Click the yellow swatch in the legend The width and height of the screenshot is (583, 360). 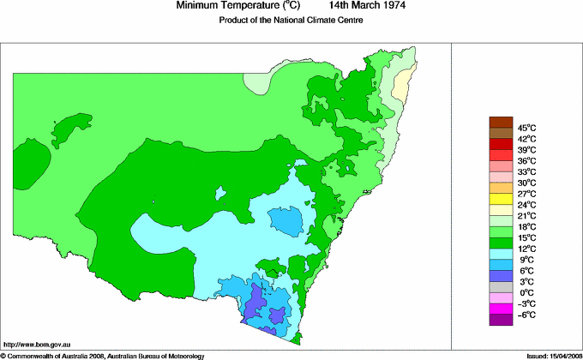click(500, 199)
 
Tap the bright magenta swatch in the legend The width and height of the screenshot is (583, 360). click(500, 309)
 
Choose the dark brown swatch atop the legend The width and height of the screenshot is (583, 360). click(500, 122)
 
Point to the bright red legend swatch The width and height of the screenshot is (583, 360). click(500, 155)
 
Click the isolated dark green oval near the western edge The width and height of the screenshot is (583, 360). click(32, 162)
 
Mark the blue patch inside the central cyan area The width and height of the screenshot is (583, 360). click(288, 222)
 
